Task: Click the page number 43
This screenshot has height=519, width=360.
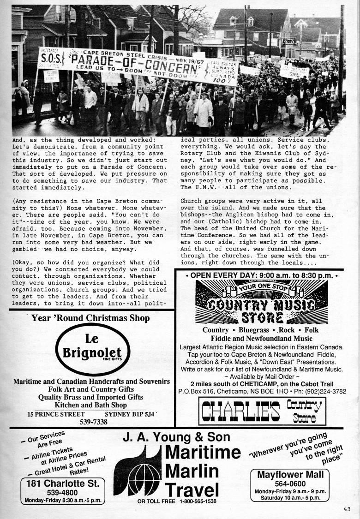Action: [347, 509]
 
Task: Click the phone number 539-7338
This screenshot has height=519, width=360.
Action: [94, 422]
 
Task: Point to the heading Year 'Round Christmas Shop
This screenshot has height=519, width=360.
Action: [90, 318]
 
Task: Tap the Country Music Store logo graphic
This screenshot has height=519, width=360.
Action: [261, 302]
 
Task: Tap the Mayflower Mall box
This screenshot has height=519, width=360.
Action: [290, 485]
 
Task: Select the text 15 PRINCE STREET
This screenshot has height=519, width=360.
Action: [56, 414]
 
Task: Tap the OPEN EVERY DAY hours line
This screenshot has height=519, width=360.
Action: [261, 274]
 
